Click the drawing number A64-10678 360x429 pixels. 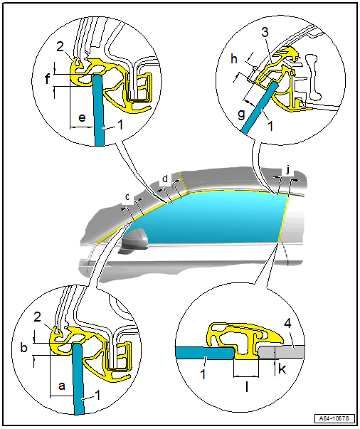pos(334,418)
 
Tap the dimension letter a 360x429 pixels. pos(62,386)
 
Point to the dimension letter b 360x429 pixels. pos(24,348)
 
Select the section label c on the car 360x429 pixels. pos(127,197)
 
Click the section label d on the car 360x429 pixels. pos(164,179)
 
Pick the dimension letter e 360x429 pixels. pos(82,117)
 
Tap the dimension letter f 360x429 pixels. pos(48,79)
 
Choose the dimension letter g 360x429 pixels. pos(241,114)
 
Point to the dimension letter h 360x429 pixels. pos(234,59)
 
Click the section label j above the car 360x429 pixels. pos(287,171)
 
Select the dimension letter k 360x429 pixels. pos(282,369)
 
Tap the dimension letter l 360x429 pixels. pos(247,386)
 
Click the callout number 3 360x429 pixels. pos(265,32)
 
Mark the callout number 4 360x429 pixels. pos(287,324)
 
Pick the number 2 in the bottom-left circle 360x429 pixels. pos(38,317)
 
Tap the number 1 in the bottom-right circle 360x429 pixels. pos(203,374)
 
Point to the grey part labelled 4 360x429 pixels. pos(281,351)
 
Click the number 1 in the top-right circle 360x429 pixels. pos(270,126)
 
